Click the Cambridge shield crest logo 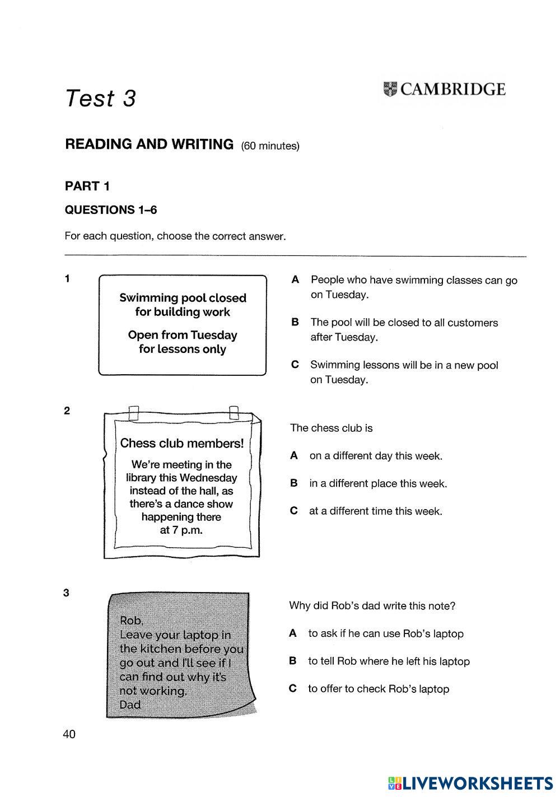coord(390,90)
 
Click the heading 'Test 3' coord(101,99)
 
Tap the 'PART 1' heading coord(87,186)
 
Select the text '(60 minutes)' coord(270,146)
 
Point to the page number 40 coord(69,734)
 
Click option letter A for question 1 coord(295,279)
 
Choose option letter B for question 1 coord(295,322)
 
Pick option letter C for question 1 coord(295,365)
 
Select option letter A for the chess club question coord(293,456)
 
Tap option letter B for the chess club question coord(293,483)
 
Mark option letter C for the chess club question coord(293,511)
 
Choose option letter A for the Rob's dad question coord(292,633)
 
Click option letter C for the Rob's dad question coord(292,689)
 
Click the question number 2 coord(67,411)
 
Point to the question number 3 coord(67,593)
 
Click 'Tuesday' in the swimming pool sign coord(214,335)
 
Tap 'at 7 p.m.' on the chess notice coord(181,530)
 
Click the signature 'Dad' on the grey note coord(130,705)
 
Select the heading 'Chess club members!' coord(182,444)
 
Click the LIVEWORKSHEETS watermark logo coord(470,782)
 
